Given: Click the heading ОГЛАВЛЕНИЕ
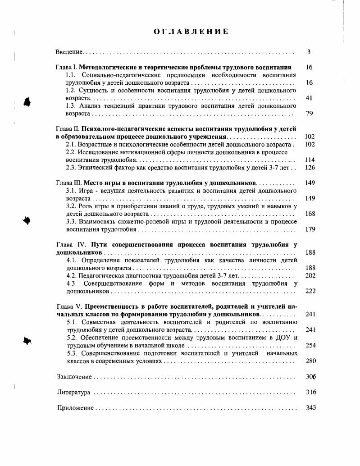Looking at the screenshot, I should (x=191, y=32).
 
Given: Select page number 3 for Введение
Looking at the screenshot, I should (x=309, y=52).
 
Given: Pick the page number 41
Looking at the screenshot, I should (x=309, y=98).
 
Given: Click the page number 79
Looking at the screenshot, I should (x=309, y=113).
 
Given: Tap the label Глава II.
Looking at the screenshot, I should (x=68, y=128).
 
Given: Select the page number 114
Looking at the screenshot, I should (x=310, y=160).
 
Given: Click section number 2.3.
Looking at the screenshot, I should (x=71, y=167).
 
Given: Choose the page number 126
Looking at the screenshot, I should (x=310, y=167).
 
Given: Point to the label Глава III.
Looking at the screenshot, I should (x=68, y=183).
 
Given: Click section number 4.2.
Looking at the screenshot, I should (x=72, y=275).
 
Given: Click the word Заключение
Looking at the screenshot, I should (x=74, y=377).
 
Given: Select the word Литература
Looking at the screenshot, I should (x=73, y=393).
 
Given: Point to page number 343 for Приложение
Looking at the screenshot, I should (x=310, y=408).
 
